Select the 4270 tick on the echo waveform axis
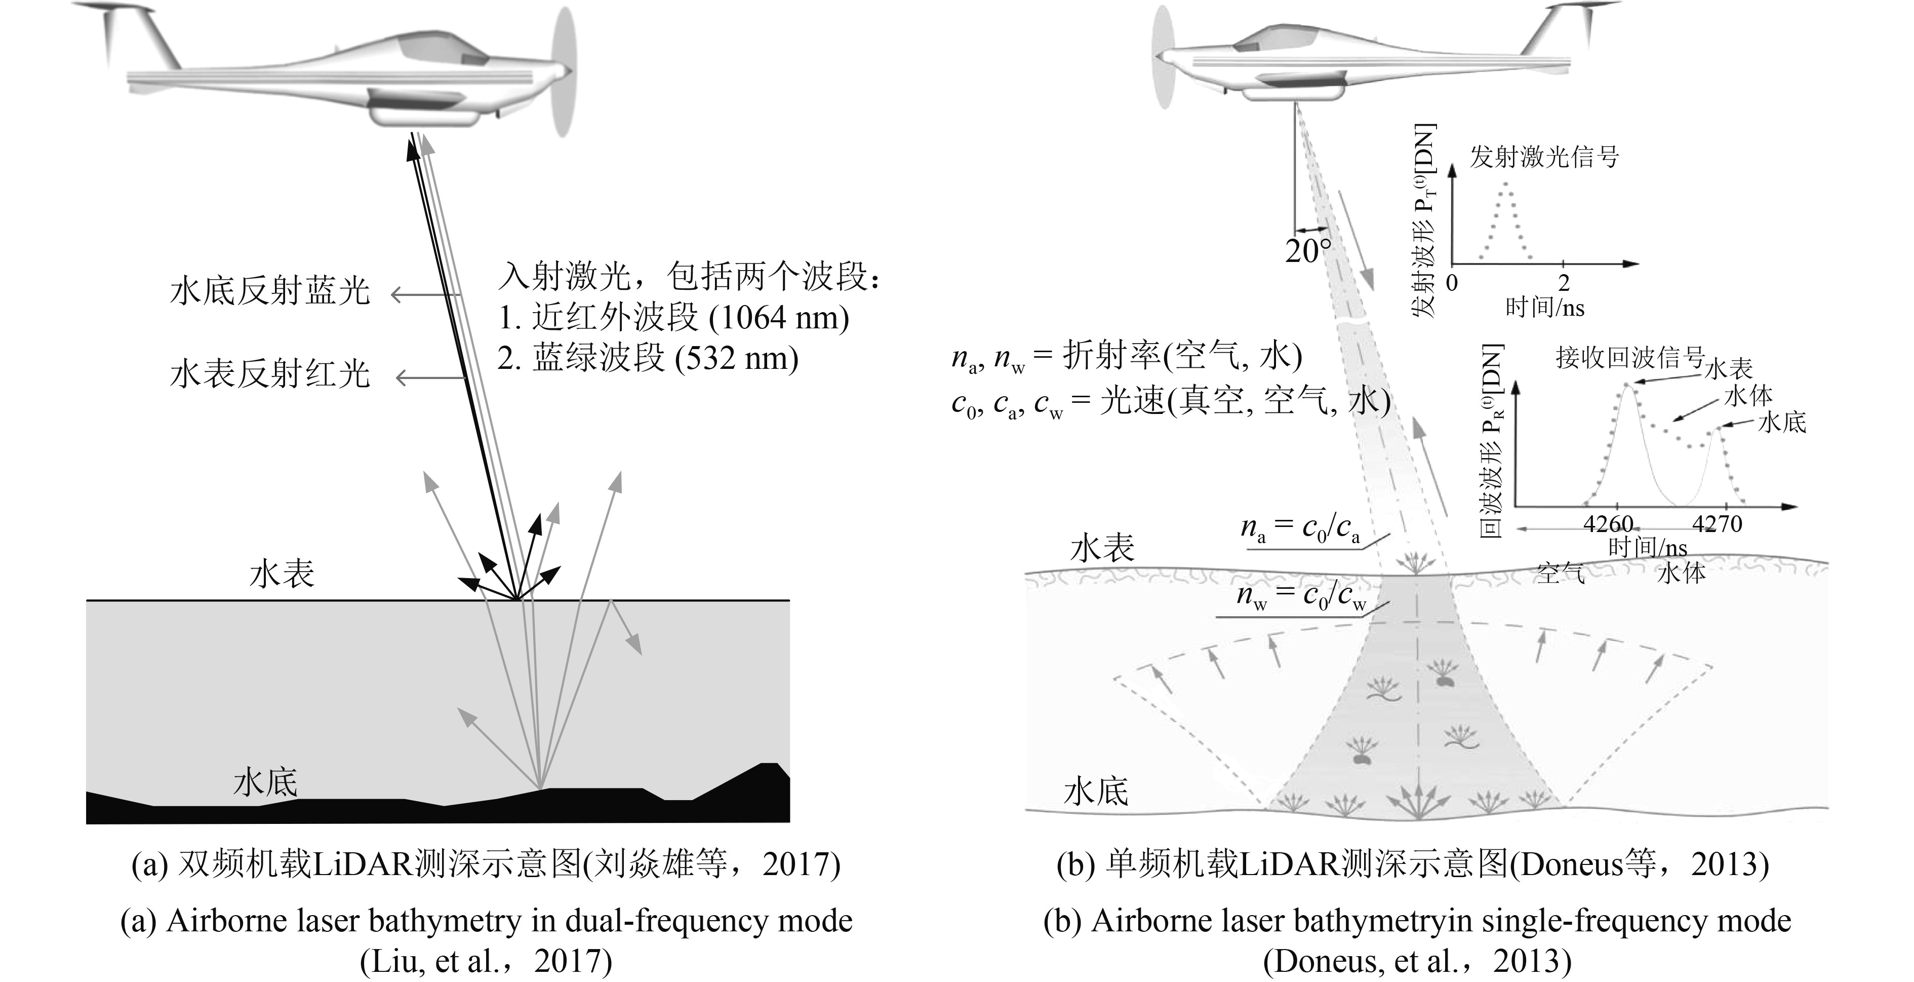click(1717, 524)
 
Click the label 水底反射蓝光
click(270, 291)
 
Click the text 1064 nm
click(779, 318)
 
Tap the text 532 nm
click(736, 358)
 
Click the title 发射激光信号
click(1544, 157)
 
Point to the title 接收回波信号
click(1630, 358)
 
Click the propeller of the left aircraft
click(564, 72)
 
